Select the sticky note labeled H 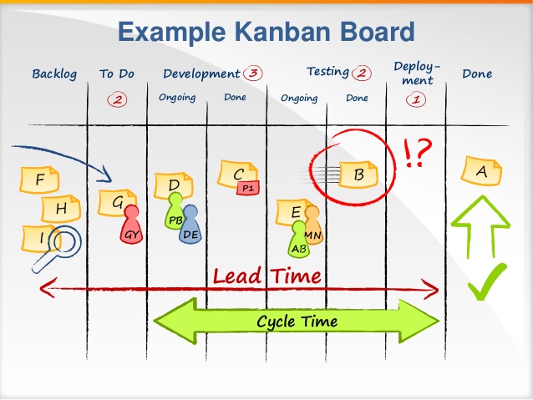61,209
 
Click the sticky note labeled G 118,202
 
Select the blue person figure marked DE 190,226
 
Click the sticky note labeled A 481,170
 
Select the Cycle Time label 297,322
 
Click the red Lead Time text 266,275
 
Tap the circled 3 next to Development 253,73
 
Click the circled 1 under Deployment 415,99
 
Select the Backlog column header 54,74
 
